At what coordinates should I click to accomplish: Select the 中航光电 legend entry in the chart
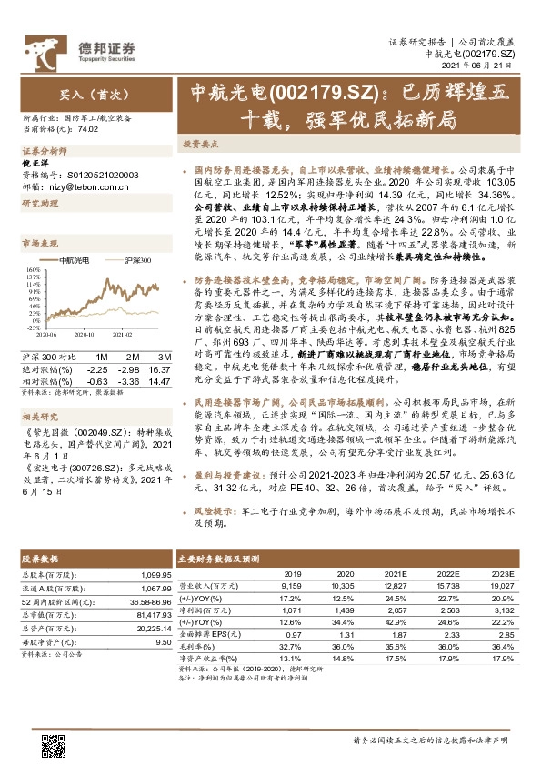pyautogui.click(x=70, y=260)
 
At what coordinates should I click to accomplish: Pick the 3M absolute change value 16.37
pyautogui.click(x=160, y=369)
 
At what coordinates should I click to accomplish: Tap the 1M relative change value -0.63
pyautogui.click(x=96, y=380)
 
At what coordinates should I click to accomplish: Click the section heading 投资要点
pyautogui.click(x=201, y=144)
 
